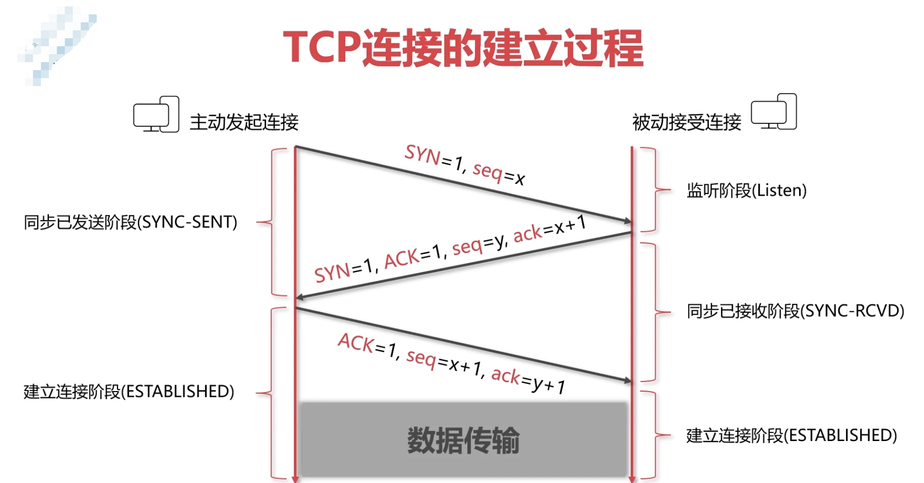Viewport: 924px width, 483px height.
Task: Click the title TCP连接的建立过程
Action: tap(463, 48)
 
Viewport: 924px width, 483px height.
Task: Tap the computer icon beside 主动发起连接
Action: tap(156, 115)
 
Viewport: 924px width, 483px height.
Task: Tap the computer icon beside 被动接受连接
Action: tap(774, 112)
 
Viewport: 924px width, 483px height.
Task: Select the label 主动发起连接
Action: tap(244, 122)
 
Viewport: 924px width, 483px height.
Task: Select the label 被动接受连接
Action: tap(686, 123)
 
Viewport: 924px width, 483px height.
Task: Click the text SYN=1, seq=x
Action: tap(464, 165)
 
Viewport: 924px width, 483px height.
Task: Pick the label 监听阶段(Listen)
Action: tap(747, 190)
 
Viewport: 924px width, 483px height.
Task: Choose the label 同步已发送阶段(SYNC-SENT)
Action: tap(131, 222)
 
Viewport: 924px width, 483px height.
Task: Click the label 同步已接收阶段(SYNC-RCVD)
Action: tap(795, 311)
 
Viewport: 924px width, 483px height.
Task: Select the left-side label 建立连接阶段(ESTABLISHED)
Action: tap(129, 392)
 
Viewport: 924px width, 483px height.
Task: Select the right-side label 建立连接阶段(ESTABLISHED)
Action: tap(792, 436)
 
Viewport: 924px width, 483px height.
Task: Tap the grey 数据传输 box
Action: tap(463, 440)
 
